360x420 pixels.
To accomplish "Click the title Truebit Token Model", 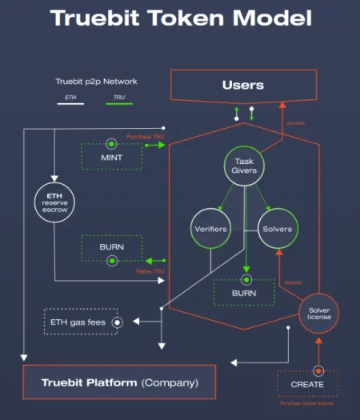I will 180,19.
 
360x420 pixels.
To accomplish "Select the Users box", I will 243,84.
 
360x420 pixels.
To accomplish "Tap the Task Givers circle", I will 244,166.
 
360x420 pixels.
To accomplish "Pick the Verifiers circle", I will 211,229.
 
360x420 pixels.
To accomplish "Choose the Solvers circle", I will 277,229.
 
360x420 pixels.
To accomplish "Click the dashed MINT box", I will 111,156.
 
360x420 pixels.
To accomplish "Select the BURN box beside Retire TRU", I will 111,248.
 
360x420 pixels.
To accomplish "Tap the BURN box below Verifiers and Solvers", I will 245,292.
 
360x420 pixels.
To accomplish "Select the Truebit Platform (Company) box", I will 120,382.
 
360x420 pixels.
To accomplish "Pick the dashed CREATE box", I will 306,384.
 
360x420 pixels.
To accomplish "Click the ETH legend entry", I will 72,100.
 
